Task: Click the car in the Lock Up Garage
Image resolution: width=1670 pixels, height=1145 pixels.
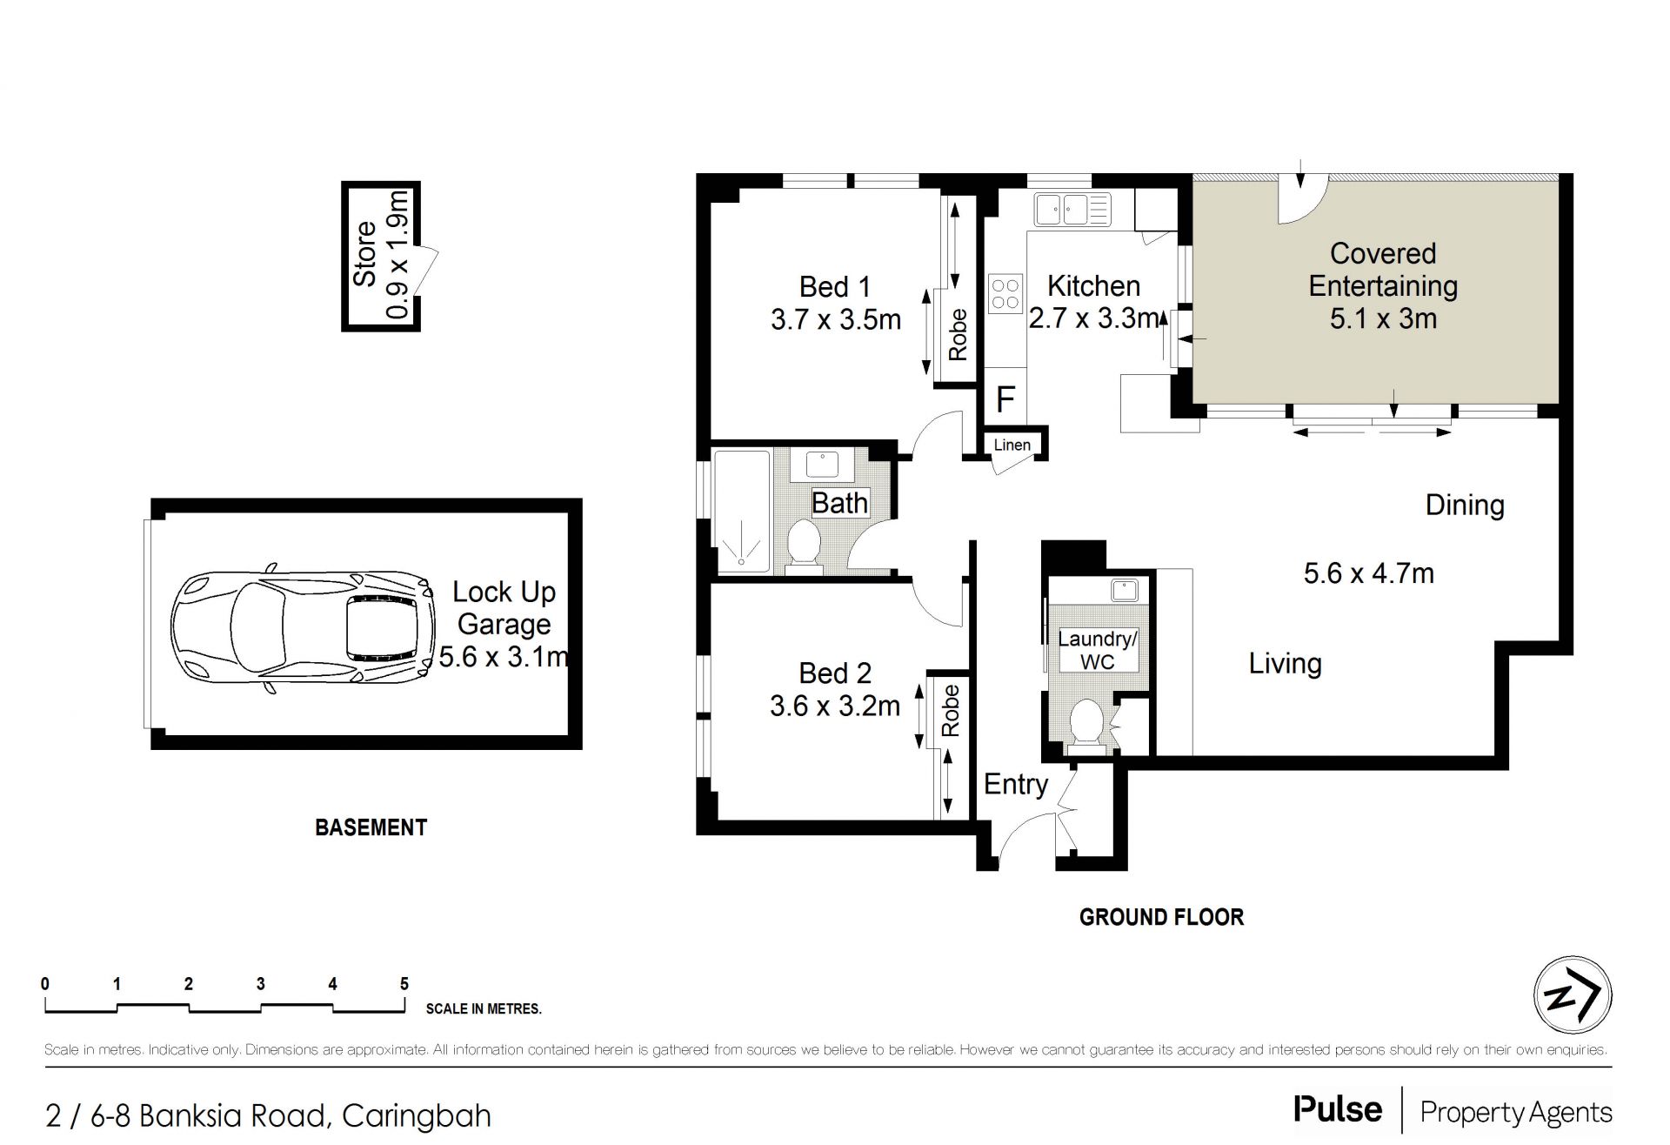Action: click(304, 632)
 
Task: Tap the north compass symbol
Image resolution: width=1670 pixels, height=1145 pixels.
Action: click(1572, 995)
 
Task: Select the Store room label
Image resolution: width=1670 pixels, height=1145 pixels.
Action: click(364, 254)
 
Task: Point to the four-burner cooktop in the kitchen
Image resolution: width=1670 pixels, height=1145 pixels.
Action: click(1005, 293)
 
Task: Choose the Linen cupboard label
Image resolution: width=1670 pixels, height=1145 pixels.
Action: click(1012, 445)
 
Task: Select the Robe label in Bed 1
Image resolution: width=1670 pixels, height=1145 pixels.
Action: click(957, 335)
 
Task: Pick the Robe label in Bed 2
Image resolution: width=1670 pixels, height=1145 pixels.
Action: click(950, 711)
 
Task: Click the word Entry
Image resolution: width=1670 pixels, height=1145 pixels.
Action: click(1016, 784)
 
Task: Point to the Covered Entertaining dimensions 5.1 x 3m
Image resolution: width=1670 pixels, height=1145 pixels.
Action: click(1383, 318)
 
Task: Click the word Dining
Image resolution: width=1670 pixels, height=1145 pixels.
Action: click(1465, 505)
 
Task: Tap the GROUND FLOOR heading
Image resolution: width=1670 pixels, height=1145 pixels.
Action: click(1161, 917)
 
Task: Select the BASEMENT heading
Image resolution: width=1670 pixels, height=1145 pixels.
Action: click(371, 827)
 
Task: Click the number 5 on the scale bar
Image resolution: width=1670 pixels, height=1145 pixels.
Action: click(404, 984)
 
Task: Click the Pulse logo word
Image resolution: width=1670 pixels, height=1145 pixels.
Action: click(1338, 1110)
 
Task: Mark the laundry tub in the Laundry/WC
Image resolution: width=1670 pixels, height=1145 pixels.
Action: click(1125, 590)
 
